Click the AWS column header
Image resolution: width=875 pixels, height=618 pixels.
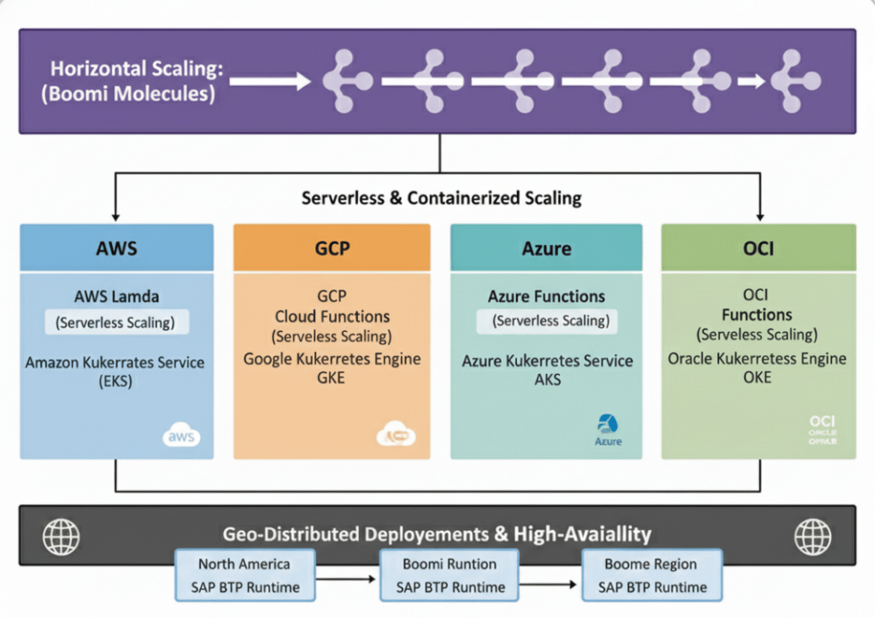click(117, 248)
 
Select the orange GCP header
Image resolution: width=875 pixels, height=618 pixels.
click(332, 248)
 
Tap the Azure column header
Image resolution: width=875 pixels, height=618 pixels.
click(546, 248)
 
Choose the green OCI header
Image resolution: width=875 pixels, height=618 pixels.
click(759, 248)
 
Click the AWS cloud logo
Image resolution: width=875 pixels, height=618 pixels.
click(180, 436)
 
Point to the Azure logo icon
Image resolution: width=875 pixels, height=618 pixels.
click(608, 428)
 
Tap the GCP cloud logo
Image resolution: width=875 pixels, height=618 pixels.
click(396, 436)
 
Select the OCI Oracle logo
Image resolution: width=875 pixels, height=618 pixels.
click(823, 429)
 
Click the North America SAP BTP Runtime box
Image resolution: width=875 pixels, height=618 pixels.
click(244, 575)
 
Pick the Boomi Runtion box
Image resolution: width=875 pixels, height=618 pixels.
click(449, 575)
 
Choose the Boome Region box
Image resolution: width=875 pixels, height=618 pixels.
click(651, 575)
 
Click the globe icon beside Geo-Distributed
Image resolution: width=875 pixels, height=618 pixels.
click(61, 536)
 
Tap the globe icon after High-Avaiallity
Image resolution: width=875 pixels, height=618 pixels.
click(812, 536)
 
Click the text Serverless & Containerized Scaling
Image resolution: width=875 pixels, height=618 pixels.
click(441, 198)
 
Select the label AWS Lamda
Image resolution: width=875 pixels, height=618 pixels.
click(117, 296)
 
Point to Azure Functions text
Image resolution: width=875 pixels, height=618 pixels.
click(546, 296)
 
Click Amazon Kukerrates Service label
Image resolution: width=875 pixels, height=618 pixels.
click(115, 362)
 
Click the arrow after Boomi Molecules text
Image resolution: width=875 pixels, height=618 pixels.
click(270, 82)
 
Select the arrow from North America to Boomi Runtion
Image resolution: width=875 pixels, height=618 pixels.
click(346, 578)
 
